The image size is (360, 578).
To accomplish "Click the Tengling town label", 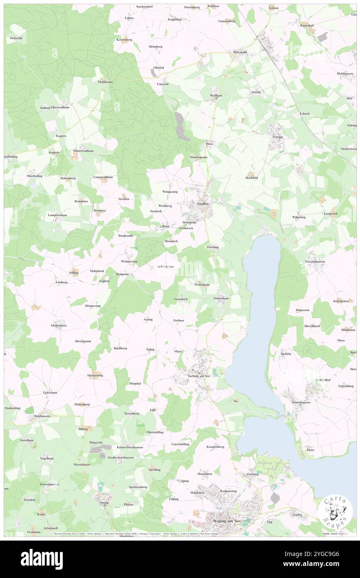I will tap(202, 204).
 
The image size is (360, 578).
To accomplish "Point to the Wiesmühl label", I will tap(240, 52).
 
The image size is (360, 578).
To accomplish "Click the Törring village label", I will tap(277, 137).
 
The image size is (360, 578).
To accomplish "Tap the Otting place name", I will tap(104, 502).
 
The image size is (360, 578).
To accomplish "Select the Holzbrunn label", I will tap(106, 82).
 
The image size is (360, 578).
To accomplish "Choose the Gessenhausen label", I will tap(315, 262).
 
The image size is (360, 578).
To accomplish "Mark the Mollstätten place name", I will tap(59, 325).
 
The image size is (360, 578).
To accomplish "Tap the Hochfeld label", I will tap(252, 178).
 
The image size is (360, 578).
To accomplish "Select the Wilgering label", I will tap(298, 217).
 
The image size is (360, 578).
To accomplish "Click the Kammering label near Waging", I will tap(229, 491).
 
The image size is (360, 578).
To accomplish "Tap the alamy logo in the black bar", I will tap(42, 559).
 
